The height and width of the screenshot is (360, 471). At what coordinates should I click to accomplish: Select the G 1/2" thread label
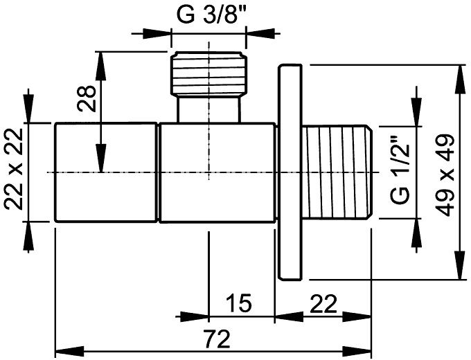[x=400, y=170]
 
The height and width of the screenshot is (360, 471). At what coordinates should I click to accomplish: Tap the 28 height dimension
[x=87, y=98]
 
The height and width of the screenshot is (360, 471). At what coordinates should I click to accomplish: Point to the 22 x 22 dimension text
[x=14, y=169]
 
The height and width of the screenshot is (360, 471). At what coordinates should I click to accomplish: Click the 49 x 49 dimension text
[x=445, y=176]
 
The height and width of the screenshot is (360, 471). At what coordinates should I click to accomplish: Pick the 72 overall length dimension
[x=216, y=339]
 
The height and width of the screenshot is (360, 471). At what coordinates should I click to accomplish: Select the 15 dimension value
[x=239, y=303]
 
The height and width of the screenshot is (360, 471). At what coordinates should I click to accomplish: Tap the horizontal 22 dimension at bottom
[x=323, y=304]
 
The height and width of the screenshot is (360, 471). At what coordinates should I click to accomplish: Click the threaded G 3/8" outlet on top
[x=208, y=74]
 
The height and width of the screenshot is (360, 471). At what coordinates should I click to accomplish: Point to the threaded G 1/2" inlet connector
[x=337, y=172]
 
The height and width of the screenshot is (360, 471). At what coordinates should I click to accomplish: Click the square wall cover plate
[x=290, y=172]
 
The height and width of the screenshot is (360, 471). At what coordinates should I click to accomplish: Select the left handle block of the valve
[x=106, y=172]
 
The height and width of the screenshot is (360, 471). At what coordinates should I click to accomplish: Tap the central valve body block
[x=217, y=172]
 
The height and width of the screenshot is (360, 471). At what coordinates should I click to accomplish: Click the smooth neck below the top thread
[x=208, y=109]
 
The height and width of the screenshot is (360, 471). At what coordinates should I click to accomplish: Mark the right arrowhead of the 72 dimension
[x=357, y=351]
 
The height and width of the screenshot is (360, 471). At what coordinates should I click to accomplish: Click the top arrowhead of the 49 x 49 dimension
[x=460, y=79]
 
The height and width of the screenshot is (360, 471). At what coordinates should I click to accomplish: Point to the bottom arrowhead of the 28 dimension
[x=100, y=159]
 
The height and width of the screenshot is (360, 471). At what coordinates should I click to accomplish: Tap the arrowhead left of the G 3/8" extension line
[x=157, y=34]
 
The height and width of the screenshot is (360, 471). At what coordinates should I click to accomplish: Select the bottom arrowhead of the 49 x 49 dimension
[x=460, y=265]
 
